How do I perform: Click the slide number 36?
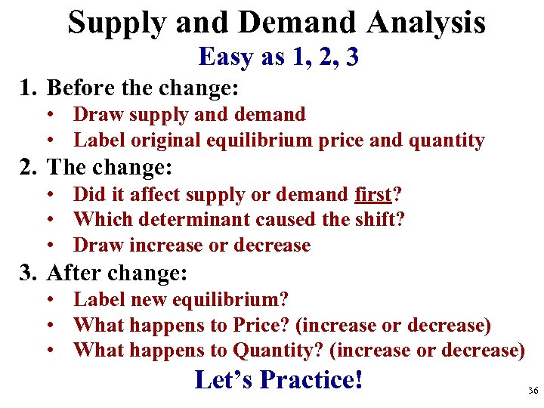(532, 391)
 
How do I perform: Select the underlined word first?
(373, 195)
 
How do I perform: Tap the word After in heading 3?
(75, 272)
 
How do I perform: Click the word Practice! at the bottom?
(311, 380)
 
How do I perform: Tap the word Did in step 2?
(87, 195)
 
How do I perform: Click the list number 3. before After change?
(28, 272)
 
